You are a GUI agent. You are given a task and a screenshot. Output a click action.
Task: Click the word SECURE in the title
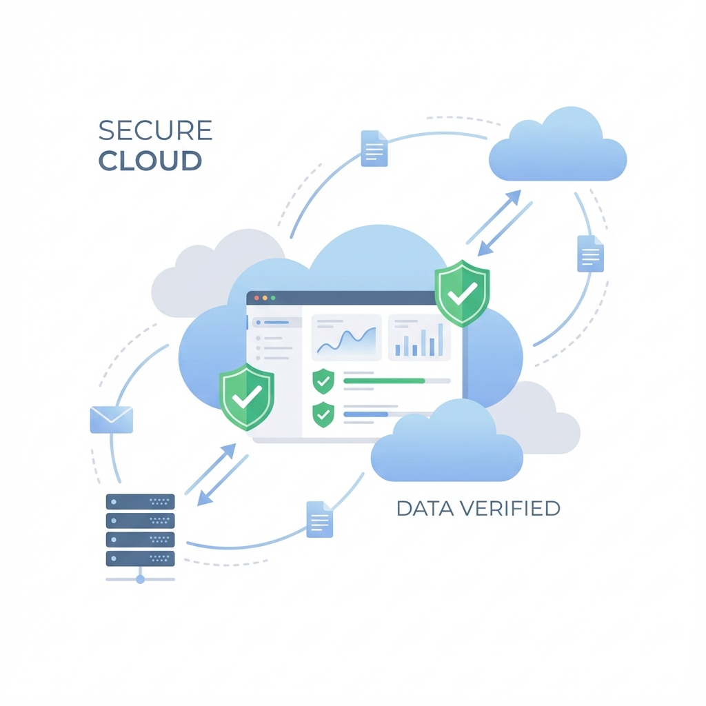pos(155,130)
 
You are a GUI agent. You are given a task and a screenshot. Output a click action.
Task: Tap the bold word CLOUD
pos(150,161)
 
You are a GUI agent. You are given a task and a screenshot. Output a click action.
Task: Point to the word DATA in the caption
pos(425,509)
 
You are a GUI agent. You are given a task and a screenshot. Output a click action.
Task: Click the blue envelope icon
pos(111,419)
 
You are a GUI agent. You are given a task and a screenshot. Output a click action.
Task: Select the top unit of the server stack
pos(140,501)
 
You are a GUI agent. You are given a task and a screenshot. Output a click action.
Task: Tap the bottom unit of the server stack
pos(140,557)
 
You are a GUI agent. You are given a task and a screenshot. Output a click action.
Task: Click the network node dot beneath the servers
pos(140,579)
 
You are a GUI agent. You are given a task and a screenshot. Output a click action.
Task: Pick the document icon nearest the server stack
pos(319,519)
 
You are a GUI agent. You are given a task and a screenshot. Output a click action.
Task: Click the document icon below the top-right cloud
pos(590,254)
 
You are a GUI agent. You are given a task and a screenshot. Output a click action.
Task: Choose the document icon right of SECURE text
pos(374,148)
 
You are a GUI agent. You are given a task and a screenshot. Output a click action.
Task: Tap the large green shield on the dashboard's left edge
pos(247,396)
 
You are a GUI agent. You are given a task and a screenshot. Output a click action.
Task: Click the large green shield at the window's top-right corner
pos(462,293)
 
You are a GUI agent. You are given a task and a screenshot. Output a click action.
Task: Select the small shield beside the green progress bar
pos(323,381)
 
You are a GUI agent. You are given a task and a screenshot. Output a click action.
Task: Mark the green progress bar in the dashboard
pos(384,381)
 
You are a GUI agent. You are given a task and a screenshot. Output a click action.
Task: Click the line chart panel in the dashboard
pos(346,337)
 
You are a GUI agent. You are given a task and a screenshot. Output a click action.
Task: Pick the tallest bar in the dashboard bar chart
pos(441,339)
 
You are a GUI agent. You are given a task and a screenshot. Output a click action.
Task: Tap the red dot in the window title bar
pos(256,298)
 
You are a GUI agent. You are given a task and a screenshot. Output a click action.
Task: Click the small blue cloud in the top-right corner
pos(557,147)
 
